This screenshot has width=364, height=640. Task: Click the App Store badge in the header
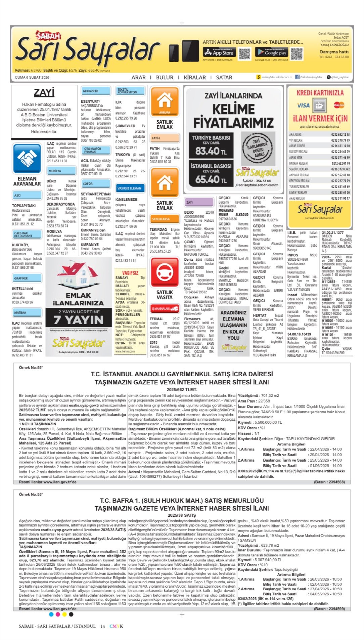218,52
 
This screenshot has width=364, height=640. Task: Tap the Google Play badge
271,52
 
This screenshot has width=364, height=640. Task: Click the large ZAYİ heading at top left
44,92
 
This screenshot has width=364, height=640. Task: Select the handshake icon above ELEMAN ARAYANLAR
27,158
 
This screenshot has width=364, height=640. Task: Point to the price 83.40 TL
211,151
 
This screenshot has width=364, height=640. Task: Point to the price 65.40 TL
211,179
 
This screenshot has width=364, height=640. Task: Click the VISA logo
303,105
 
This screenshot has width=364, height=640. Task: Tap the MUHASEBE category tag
96,91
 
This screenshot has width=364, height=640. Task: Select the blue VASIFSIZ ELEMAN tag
129,188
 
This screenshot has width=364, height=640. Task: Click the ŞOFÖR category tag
96,184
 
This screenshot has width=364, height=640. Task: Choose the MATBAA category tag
27,312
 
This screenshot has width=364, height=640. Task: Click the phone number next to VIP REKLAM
340,140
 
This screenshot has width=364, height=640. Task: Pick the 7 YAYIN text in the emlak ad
79,320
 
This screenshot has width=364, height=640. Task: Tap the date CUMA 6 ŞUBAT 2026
32,77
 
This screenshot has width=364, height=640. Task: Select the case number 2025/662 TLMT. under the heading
182,389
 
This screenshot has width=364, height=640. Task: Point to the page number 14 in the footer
102,626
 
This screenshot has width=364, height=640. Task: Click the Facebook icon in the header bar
297,77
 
